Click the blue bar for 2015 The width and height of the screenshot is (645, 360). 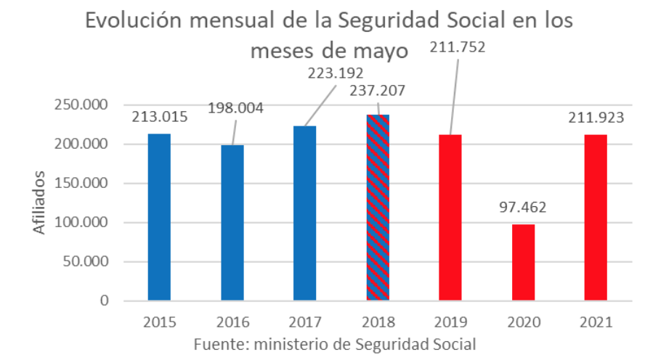159,216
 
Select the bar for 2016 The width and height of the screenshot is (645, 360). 232,222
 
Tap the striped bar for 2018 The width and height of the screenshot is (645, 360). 378,207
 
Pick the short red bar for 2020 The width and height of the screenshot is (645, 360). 523,262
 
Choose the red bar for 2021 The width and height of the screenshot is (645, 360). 596,217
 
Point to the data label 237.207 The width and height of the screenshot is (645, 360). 376,91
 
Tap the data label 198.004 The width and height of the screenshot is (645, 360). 235,108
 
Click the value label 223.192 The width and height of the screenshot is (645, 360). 335,73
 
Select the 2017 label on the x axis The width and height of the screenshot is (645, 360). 305,320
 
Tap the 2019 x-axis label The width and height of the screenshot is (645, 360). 450,320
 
